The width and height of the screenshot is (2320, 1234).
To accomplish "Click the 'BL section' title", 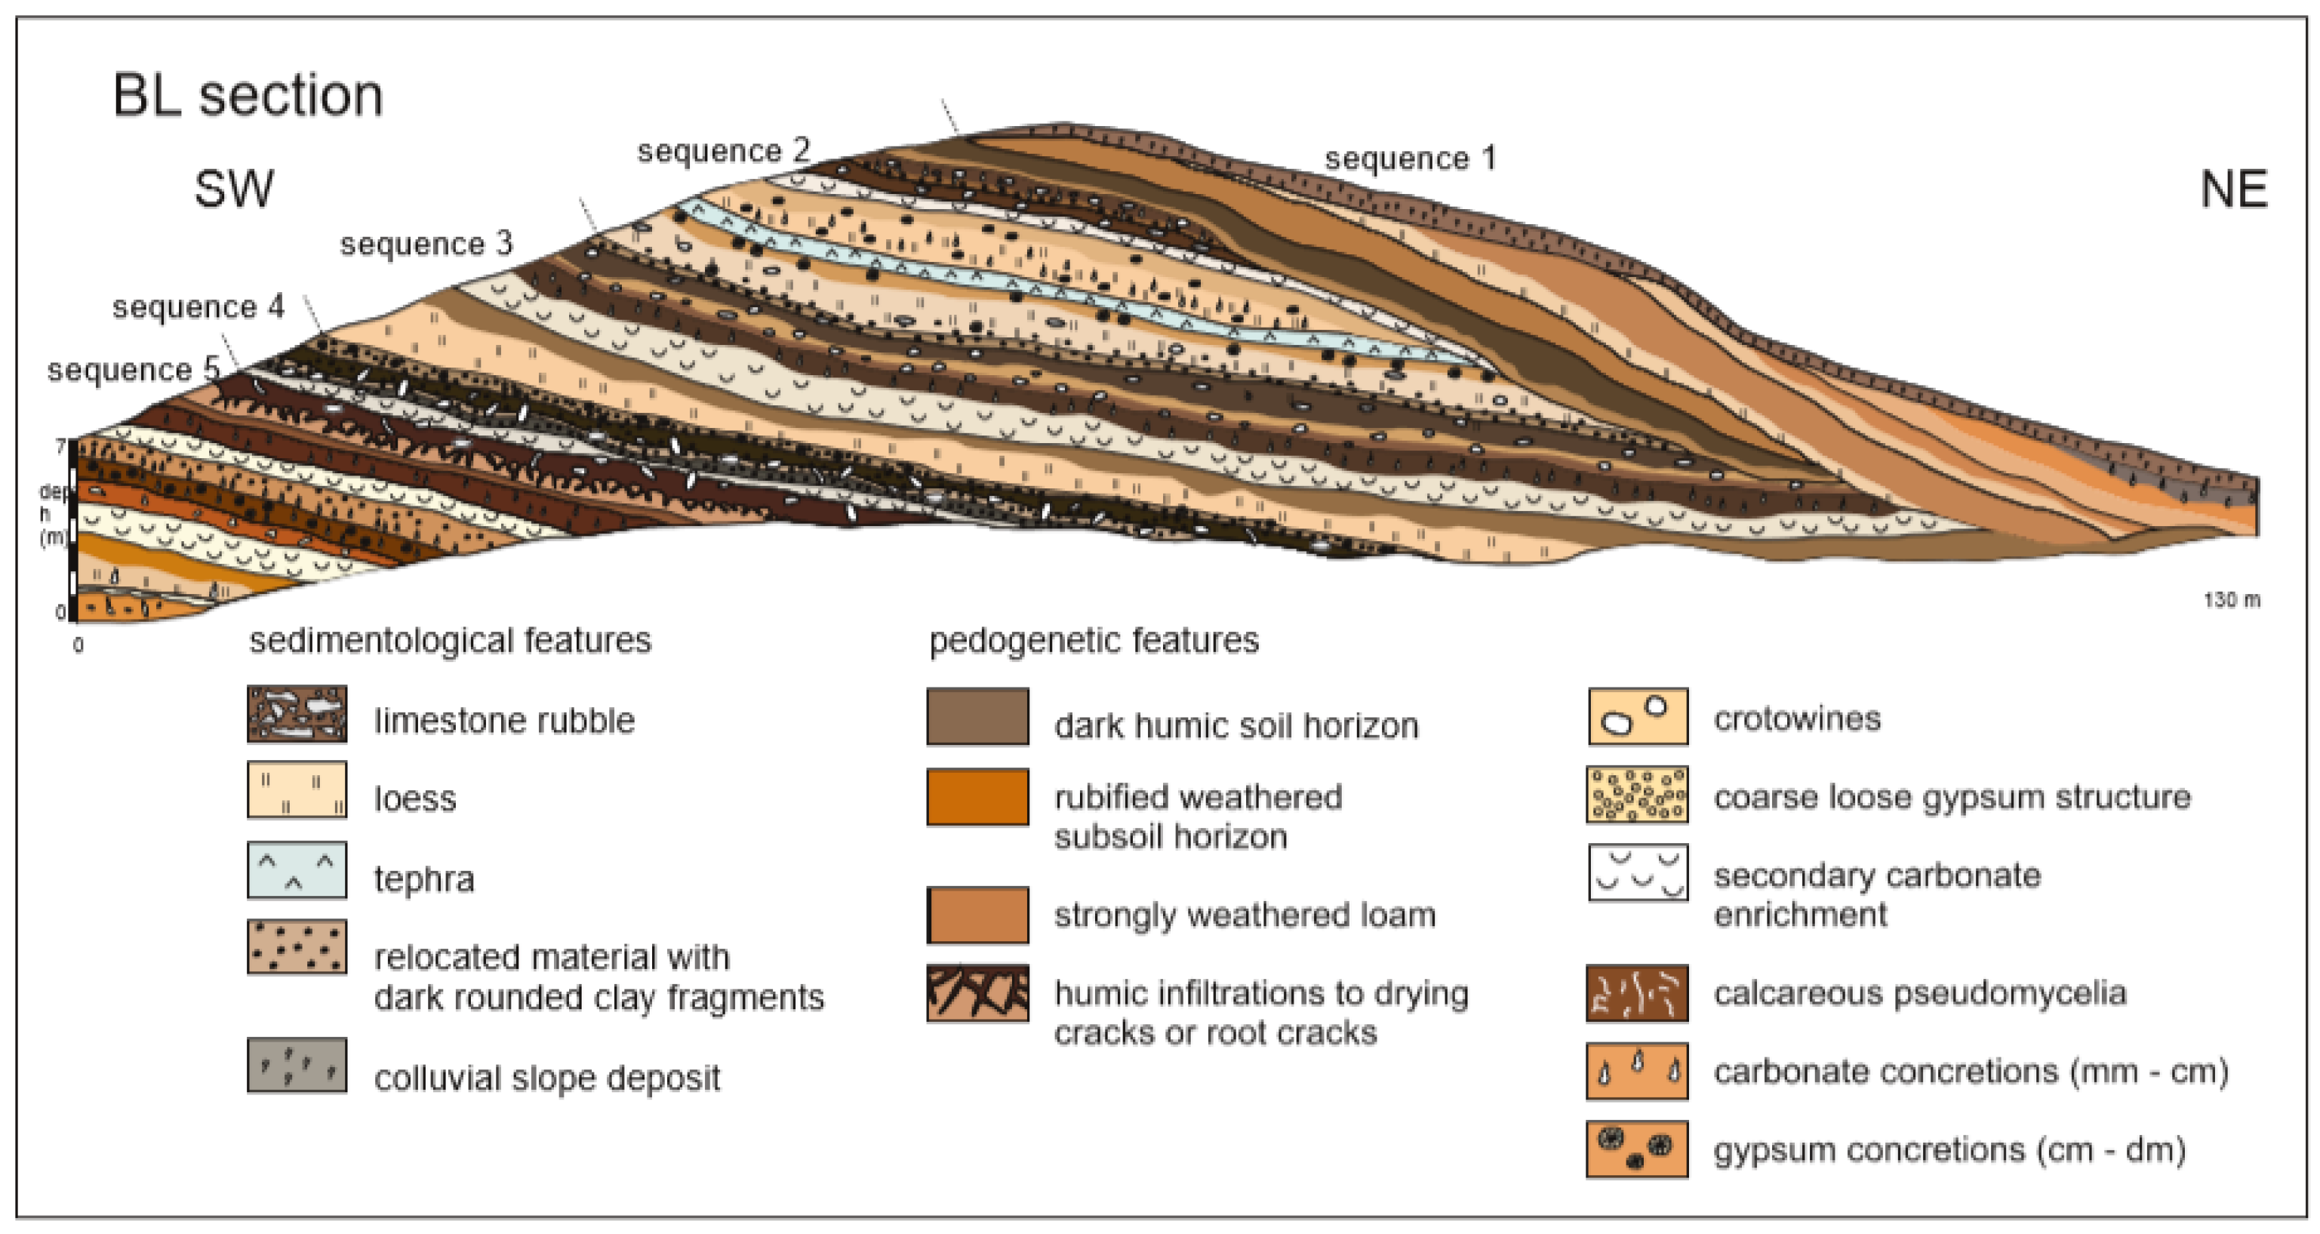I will point(248,96).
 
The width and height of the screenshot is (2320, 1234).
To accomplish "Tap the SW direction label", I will point(233,189).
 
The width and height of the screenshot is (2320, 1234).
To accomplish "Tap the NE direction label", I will point(2232,189).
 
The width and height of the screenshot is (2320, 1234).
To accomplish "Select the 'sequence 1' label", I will point(1410,158).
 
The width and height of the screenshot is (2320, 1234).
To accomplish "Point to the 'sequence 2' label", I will point(723,150).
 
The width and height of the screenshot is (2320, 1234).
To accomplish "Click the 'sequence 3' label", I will point(426,244).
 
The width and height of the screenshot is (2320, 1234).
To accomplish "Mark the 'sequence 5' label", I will point(134,369).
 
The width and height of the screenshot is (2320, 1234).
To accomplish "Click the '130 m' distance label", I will point(2231,600).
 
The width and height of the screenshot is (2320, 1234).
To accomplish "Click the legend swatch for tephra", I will point(297,871).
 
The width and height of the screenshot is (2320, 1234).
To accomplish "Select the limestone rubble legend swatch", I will point(297,714).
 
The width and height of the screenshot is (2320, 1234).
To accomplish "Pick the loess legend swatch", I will point(297,790).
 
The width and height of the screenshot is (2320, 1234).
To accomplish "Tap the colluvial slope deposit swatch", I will point(297,1066).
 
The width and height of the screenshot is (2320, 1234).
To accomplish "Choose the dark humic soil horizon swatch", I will point(977,717).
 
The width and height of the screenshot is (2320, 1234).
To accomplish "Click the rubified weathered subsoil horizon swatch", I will point(977,797).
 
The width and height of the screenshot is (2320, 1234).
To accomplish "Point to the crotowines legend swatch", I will point(1637,717).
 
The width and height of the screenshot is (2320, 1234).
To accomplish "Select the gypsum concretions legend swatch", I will point(1637,1149).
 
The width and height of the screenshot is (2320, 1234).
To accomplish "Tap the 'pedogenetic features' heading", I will point(1094,641).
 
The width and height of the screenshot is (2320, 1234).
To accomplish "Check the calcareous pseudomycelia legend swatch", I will point(1637,993).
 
